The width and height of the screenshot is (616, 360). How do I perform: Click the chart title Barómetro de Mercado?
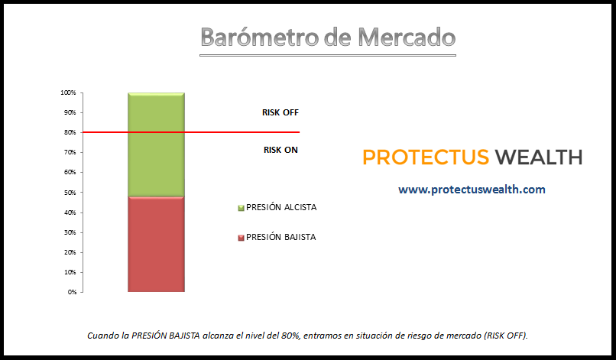[328, 37]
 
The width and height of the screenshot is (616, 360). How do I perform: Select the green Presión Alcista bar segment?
[157, 144]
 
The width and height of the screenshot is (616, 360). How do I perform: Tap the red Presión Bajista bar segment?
[157, 244]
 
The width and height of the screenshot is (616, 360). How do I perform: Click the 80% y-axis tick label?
[70, 132]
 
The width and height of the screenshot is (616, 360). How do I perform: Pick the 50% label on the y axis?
[70, 193]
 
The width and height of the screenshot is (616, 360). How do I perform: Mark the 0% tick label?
[72, 292]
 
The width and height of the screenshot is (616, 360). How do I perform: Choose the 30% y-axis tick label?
[70, 232]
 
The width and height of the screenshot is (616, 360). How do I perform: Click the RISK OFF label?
[280, 113]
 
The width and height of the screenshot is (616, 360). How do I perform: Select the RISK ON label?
[280, 150]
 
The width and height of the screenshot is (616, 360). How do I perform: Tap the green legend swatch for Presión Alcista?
[242, 208]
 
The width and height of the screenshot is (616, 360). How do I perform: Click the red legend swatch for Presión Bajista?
[242, 238]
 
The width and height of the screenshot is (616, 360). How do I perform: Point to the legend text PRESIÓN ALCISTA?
[281, 207]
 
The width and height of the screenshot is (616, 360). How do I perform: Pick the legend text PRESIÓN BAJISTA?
[281, 237]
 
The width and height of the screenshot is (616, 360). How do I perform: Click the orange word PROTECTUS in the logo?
[426, 157]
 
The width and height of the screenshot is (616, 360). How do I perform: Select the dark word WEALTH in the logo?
[539, 157]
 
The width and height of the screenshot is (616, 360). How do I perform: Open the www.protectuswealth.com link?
[472, 190]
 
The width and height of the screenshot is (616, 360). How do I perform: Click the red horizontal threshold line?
[190, 132]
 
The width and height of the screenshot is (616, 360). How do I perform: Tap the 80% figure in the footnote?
[291, 336]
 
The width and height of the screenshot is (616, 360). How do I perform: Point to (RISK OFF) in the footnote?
[506, 336]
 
